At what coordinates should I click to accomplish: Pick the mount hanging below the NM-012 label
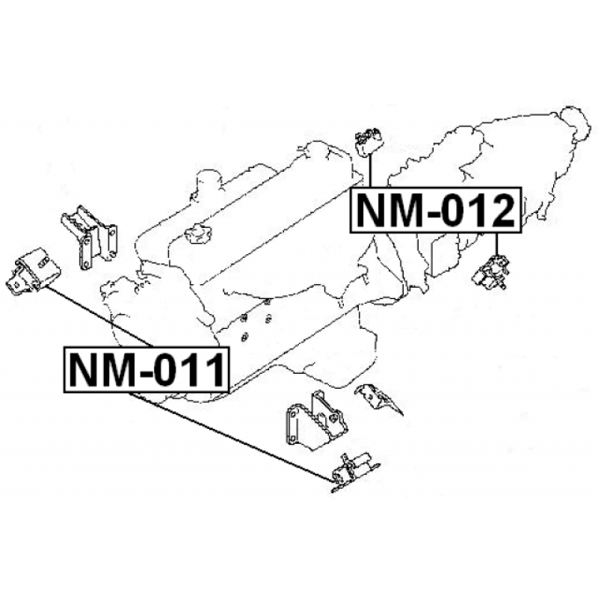[493, 272]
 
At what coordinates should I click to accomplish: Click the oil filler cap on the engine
[196, 234]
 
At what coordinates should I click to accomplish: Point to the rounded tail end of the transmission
[573, 121]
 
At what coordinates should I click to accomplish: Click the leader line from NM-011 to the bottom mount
[239, 435]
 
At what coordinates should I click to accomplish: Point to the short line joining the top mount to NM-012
[370, 172]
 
